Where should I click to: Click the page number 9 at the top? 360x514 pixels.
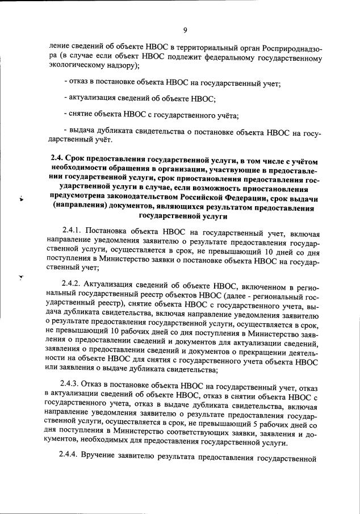point(185,30)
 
